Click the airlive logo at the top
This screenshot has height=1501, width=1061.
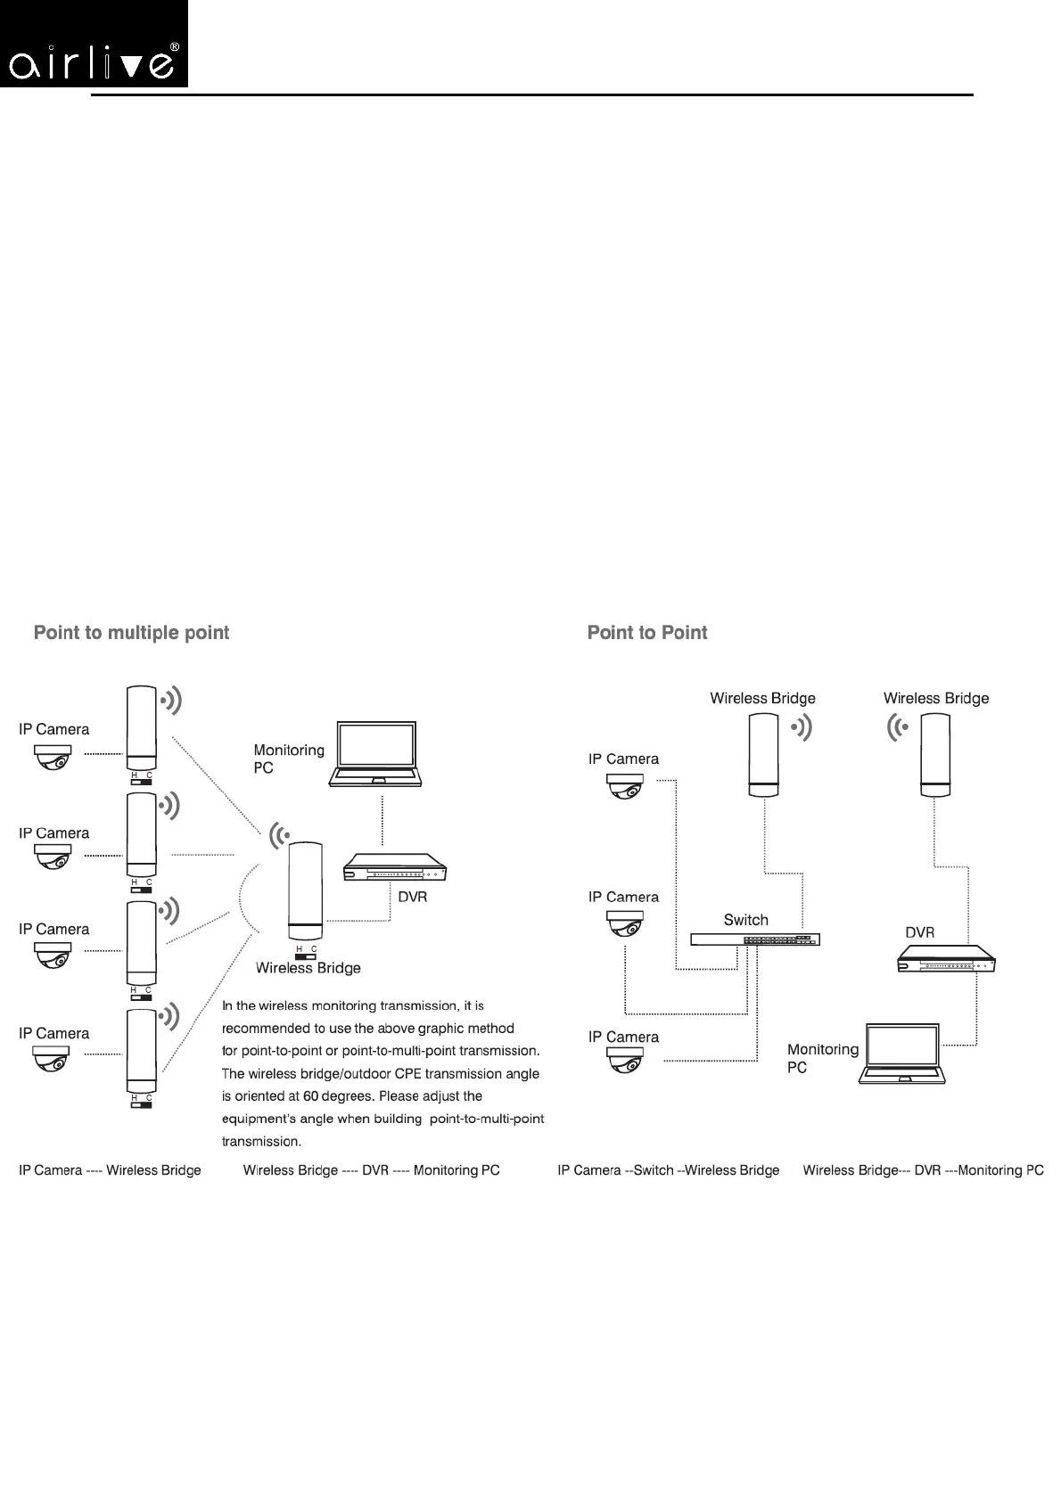point(95,45)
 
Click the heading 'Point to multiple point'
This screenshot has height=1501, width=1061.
point(131,633)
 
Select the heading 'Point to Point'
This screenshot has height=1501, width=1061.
point(646,633)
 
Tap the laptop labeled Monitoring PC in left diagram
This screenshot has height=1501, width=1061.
point(374,754)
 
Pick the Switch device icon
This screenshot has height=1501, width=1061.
point(754,939)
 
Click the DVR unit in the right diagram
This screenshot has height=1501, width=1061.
point(945,958)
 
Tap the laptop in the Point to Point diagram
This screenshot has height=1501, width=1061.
point(901,1054)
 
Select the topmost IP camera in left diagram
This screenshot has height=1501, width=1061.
point(53,757)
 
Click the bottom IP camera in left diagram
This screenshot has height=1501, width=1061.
point(53,1059)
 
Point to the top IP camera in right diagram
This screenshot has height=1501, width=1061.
point(625,785)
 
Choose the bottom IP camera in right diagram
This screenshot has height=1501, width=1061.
point(625,1060)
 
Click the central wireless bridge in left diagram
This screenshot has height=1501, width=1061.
point(305,890)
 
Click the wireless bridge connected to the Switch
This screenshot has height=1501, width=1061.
point(764,755)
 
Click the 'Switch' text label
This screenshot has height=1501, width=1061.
point(745,920)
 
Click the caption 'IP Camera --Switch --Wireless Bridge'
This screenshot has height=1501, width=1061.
point(668,1170)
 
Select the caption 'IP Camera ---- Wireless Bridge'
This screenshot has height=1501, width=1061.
point(110,1170)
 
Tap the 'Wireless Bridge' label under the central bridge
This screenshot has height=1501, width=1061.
point(308,968)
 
